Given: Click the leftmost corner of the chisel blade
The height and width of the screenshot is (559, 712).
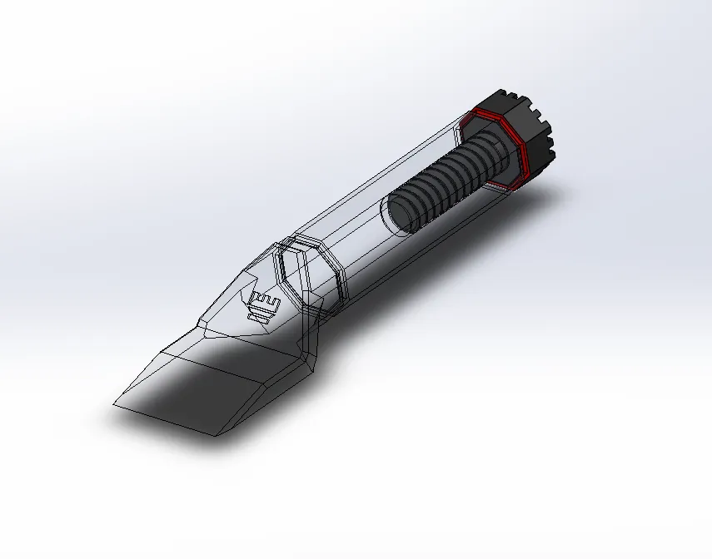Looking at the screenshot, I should pyautogui.click(x=114, y=404).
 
